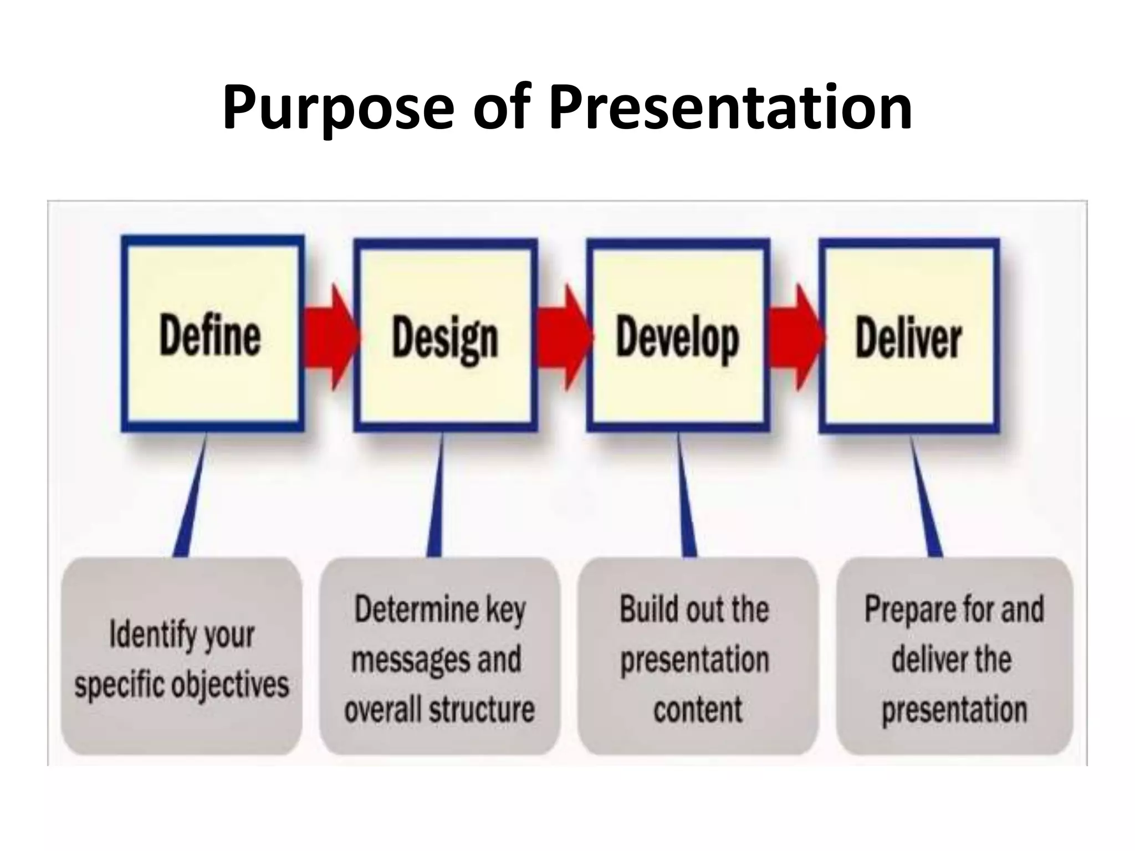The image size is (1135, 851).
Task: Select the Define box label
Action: [x=210, y=336]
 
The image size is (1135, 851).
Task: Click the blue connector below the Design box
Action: [x=437, y=499]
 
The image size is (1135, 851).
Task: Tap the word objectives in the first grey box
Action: [x=229, y=685]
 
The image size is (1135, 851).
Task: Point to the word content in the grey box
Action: [x=697, y=709]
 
